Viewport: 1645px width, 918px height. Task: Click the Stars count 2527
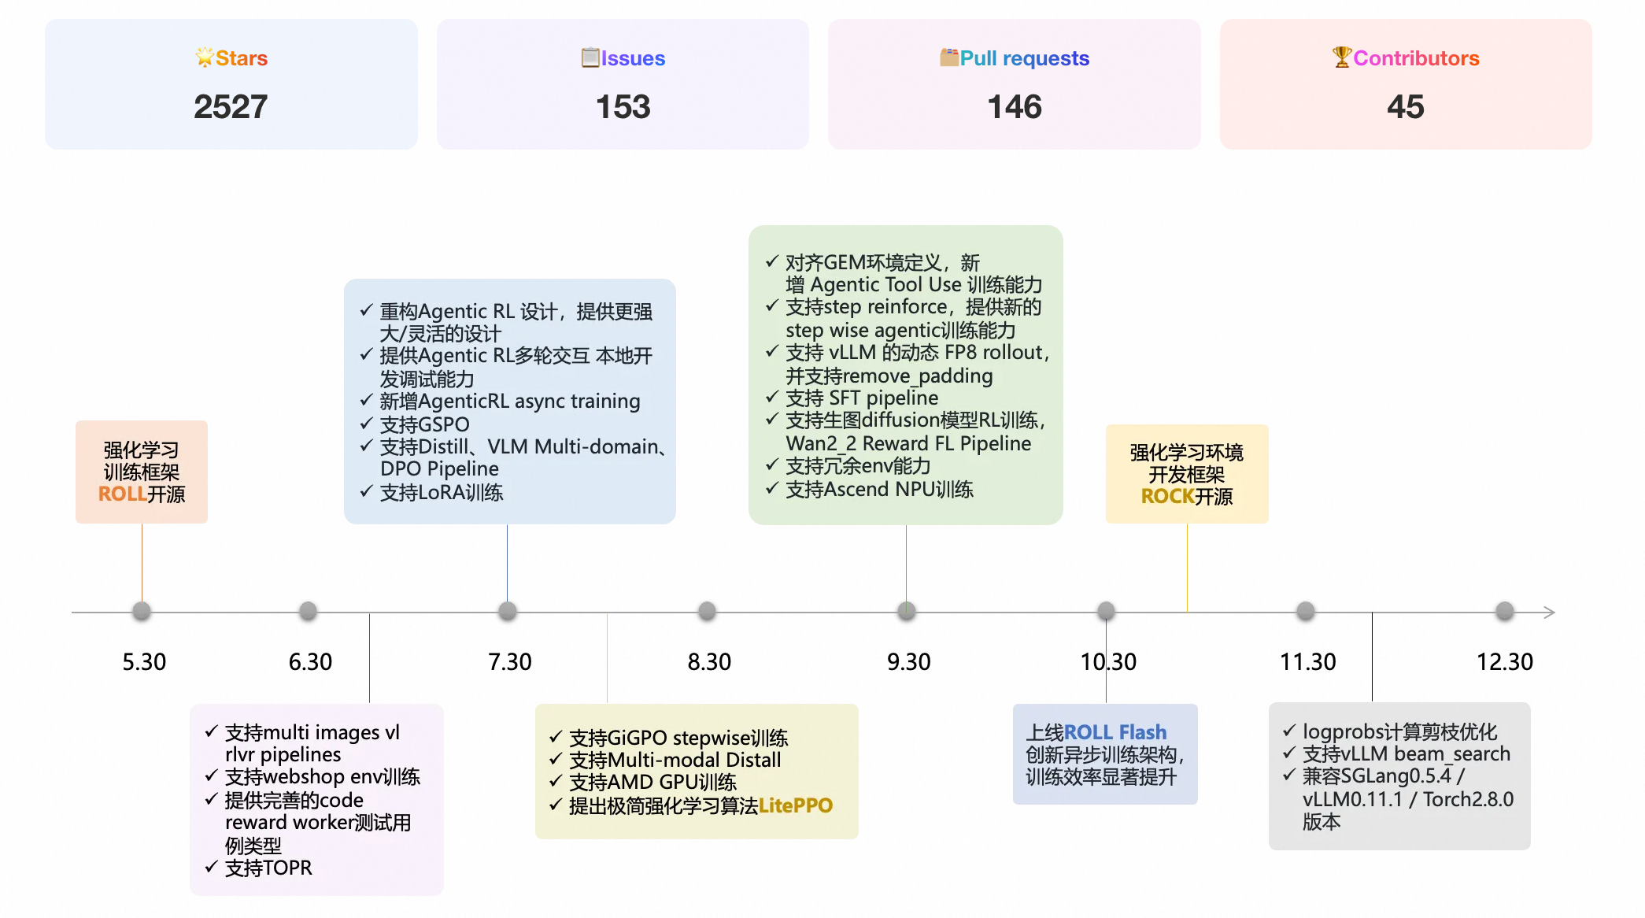coord(231,107)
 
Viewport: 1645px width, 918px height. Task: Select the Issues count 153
coord(623,107)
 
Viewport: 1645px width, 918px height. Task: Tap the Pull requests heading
coord(1024,58)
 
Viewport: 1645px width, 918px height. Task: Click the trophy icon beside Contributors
coord(1341,57)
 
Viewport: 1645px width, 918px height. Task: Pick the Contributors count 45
coord(1405,107)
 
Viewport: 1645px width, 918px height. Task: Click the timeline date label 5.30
coord(144,661)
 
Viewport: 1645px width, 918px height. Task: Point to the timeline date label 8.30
coord(709,661)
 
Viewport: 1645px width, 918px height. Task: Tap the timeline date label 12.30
coord(1504,661)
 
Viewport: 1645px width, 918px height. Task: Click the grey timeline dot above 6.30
coord(308,611)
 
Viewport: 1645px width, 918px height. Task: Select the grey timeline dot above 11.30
coord(1306,611)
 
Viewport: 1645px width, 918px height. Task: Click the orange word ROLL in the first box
coord(122,494)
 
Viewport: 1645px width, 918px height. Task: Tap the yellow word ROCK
coord(1167,497)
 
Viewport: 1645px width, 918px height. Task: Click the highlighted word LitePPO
coord(795,805)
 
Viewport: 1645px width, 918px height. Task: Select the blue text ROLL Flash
coord(1115,732)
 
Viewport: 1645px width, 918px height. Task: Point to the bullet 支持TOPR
coord(268,868)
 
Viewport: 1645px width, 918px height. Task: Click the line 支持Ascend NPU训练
coord(878,490)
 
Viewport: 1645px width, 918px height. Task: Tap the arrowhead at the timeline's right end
coord(1549,612)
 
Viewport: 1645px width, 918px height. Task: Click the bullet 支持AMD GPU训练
coord(652,783)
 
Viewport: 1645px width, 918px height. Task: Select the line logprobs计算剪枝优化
coord(1399,732)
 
